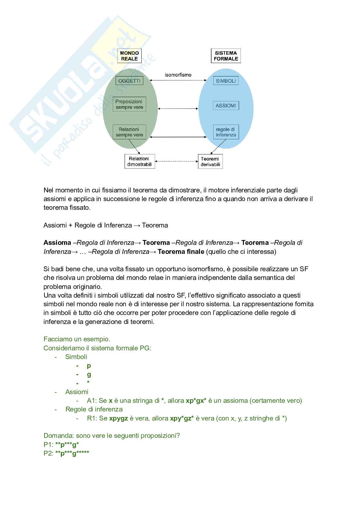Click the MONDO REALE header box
click(129, 56)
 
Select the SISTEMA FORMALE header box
click(226, 56)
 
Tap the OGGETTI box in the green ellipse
click(129, 81)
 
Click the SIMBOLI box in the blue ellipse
click(226, 81)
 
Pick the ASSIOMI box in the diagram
click(226, 106)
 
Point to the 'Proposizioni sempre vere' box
click(129, 104)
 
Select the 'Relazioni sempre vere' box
click(129, 132)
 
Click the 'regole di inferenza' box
click(226, 132)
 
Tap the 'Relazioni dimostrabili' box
click(140, 162)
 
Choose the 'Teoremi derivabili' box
click(210, 162)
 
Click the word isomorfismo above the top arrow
click(178, 75)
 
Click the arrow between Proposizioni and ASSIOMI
click(178, 109)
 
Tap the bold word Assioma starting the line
click(57, 243)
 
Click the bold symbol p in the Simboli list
click(89, 365)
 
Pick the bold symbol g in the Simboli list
click(89, 374)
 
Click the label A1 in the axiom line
click(91, 401)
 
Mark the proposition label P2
click(48, 453)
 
